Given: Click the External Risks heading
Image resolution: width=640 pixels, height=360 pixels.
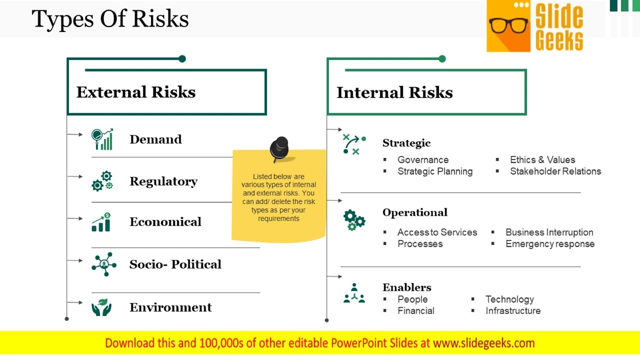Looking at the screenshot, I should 135,92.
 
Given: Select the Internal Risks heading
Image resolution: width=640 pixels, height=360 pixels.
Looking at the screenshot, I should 394,92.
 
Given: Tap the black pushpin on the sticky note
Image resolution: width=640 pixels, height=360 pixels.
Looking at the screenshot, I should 279,148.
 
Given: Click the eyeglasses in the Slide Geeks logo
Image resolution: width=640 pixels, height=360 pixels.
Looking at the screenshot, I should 508,25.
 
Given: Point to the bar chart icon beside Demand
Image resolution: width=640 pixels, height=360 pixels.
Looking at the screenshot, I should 102,139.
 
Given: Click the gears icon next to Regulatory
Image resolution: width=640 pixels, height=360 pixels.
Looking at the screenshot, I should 102,181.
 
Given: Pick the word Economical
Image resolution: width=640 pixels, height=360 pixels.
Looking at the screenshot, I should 165,222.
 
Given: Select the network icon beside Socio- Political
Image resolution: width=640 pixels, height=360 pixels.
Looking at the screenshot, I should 103,264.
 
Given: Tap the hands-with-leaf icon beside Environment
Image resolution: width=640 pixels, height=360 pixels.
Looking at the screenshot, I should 102,307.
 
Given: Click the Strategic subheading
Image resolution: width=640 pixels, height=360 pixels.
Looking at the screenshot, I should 406,143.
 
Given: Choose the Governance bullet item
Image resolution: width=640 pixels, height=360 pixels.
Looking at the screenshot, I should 422,160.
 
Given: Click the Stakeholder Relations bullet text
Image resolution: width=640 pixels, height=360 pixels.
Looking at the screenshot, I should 555,171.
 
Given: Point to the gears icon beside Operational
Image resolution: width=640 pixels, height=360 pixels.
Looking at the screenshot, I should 354,220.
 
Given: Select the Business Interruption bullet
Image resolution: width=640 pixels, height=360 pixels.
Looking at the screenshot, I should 549,232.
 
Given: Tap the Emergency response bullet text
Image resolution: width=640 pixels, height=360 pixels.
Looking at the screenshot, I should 549,244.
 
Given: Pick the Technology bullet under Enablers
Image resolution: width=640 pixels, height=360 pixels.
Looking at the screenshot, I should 509,299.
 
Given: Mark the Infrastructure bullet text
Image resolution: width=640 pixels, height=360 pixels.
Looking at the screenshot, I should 512,311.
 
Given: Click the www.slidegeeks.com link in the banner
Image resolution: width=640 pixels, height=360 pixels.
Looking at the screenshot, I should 483,343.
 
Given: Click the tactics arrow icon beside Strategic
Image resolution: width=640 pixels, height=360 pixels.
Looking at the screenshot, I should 354,144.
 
